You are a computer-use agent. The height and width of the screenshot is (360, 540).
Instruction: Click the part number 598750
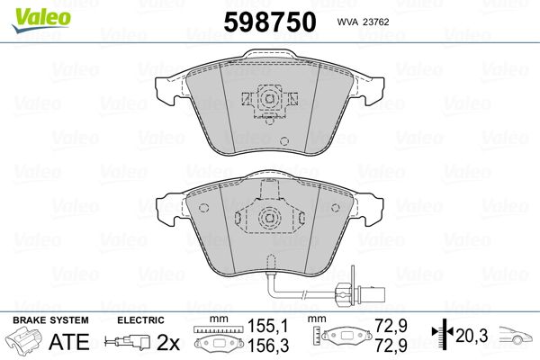coord(270,22)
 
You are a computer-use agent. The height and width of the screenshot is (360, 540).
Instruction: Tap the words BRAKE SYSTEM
coord(50,320)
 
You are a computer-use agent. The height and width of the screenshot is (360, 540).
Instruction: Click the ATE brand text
coord(69,341)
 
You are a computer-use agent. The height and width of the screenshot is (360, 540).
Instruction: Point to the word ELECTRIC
coord(140,320)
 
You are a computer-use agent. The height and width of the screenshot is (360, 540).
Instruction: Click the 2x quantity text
coord(168,342)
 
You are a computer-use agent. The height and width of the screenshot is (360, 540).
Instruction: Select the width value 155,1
coord(268,326)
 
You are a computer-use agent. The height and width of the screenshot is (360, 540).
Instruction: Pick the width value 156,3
coord(268,345)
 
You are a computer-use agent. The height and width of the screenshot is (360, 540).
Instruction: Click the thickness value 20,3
coord(472,336)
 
